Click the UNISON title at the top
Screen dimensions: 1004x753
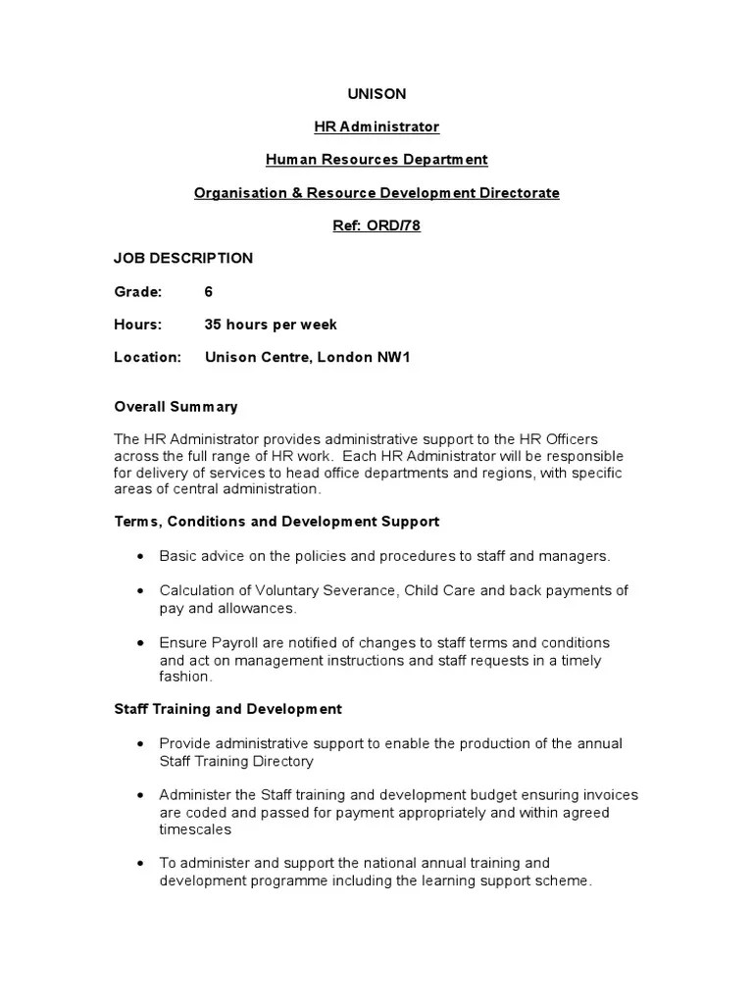(376, 94)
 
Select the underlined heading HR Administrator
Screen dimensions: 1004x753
(376, 126)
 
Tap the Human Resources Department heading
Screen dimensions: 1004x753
(376, 160)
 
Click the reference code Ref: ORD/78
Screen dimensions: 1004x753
(376, 226)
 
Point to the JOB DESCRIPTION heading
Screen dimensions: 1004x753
(183, 259)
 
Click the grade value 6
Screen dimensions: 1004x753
(209, 291)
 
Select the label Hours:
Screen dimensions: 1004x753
(138, 325)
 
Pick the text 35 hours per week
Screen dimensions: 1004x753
(271, 325)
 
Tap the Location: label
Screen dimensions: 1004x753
(148, 358)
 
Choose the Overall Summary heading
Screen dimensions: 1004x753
(176, 407)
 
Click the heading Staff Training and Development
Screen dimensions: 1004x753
(227, 709)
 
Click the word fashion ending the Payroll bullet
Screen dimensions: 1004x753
(184, 677)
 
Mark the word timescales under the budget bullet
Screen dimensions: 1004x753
(195, 828)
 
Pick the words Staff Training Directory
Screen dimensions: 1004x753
(236, 761)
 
